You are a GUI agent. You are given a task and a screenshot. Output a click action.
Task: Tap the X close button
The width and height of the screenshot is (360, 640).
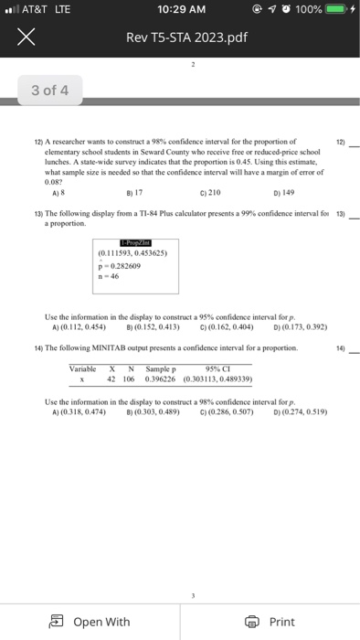25,39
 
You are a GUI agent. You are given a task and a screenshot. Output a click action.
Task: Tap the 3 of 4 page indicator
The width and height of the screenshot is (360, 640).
43,91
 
